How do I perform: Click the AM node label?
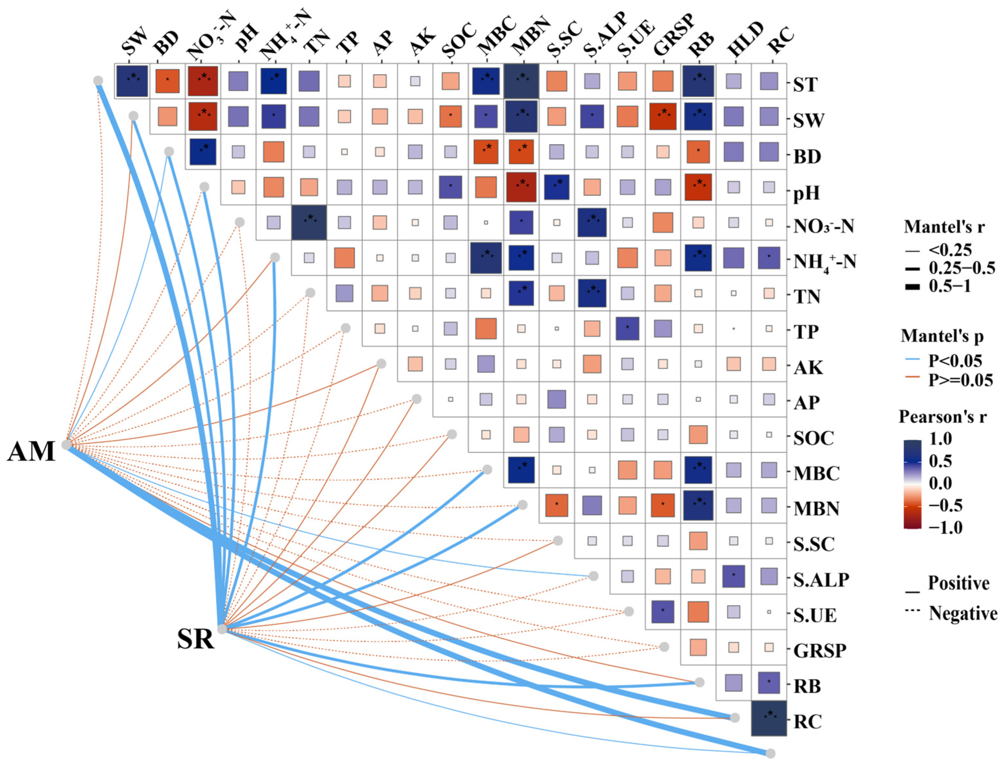pos(31,452)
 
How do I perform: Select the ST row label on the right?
pos(805,85)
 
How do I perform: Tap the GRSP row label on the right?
pos(820,651)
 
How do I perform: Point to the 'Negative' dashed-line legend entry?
pos(963,613)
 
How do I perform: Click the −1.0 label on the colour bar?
pos(946,528)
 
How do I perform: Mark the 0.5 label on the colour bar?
pos(940,461)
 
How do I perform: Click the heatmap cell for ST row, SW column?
pos(132,81)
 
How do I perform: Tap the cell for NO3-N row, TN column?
pos(309,222)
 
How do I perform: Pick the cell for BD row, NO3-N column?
pos(203,152)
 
